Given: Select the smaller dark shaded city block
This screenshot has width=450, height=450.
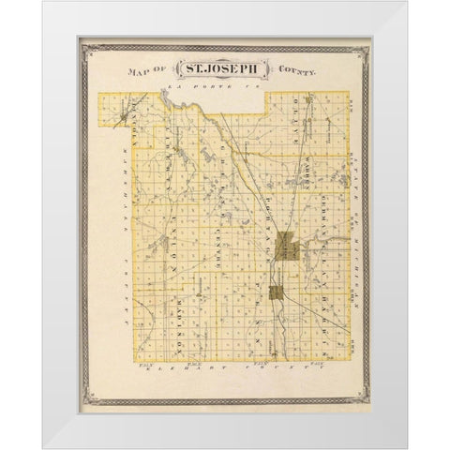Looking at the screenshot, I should (277, 293).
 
